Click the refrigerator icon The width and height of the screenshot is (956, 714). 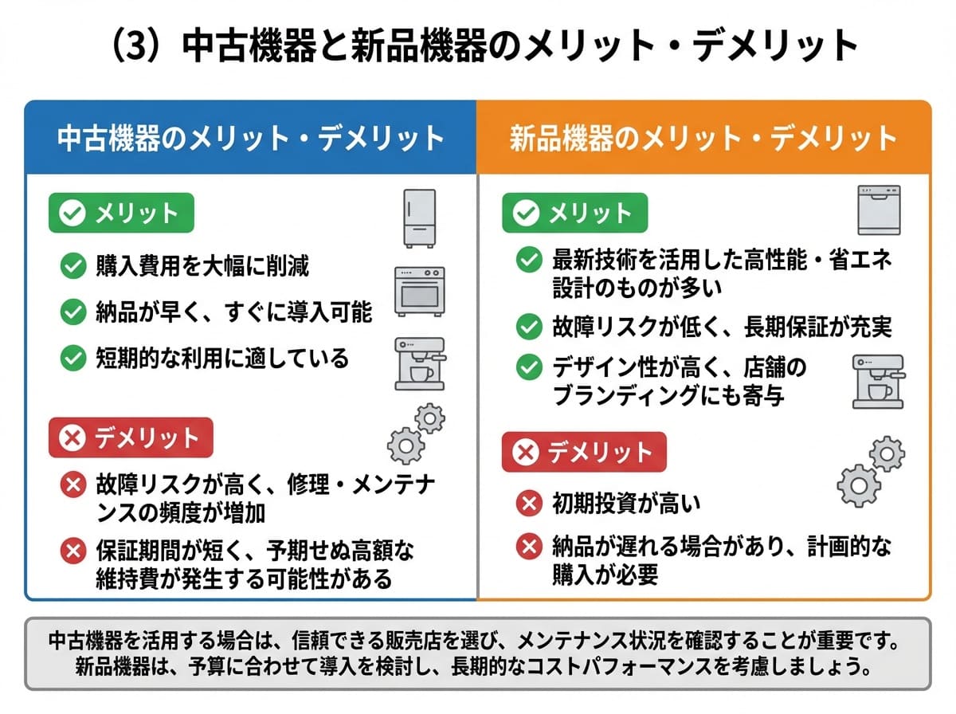click(419, 218)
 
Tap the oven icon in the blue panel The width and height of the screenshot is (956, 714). click(419, 292)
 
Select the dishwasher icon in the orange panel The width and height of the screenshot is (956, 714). click(879, 210)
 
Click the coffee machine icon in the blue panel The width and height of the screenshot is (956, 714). click(420, 363)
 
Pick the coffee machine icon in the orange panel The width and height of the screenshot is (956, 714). click(879, 382)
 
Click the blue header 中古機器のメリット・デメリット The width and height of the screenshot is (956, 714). click(250, 139)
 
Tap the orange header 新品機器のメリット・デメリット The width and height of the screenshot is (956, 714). click(703, 139)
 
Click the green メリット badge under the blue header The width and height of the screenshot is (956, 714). click(122, 213)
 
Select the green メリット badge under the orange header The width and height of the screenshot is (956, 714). click(575, 213)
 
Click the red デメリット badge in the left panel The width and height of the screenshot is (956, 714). click(131, 437)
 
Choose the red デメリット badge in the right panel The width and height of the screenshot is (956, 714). click(584, 452)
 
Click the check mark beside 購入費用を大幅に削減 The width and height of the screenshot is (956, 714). click(73, 265)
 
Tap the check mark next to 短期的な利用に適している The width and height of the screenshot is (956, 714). click(73, 358)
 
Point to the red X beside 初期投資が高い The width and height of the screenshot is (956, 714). click(529, 503)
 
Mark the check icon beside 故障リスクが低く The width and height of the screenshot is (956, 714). click(529, 327)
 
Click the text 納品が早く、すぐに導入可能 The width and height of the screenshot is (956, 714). click(234, 312)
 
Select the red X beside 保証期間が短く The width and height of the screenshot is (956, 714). click(73, 551)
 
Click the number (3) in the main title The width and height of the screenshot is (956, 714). click(136, 45)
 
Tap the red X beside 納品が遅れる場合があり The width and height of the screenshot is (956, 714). click(529, 547)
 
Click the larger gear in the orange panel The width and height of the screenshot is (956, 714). click(859, 485)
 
